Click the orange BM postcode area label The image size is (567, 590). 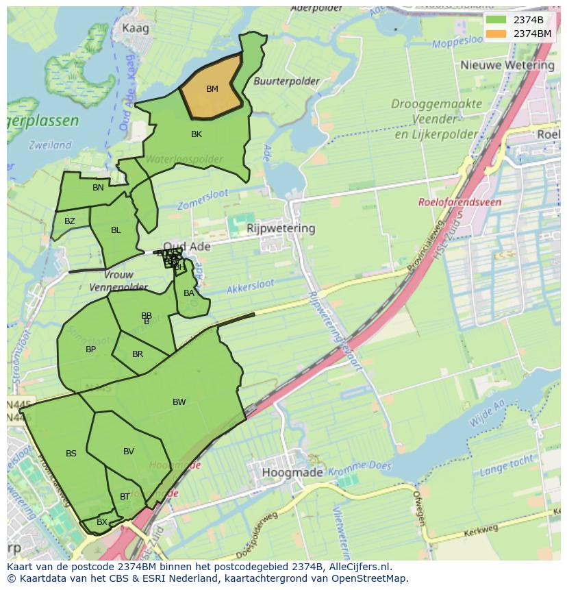[x=212, y=89]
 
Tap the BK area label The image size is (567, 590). [x=197, y=134]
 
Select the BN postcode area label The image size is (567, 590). [x=98, y=188]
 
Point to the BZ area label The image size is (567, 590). [x=70, y=221]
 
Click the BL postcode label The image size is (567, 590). [x=116, y=230]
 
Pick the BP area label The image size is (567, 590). [x=90, y=349]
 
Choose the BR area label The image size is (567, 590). [x=138, y=354]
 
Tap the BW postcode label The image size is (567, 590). [x=179, y=402]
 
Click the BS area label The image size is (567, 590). [x=71, y=454]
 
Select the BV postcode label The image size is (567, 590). [x=129, y=452]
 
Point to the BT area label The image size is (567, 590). [x=125, y=497]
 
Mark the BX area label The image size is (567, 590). [x=101, y=522]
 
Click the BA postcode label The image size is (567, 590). [x=189, y=293]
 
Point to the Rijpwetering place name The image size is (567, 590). [x=281, y=228]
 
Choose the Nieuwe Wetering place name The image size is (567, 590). [x=507, y=65]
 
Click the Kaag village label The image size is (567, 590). [x=135, y=28]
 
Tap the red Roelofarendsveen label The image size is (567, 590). [x=459, y=203]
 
